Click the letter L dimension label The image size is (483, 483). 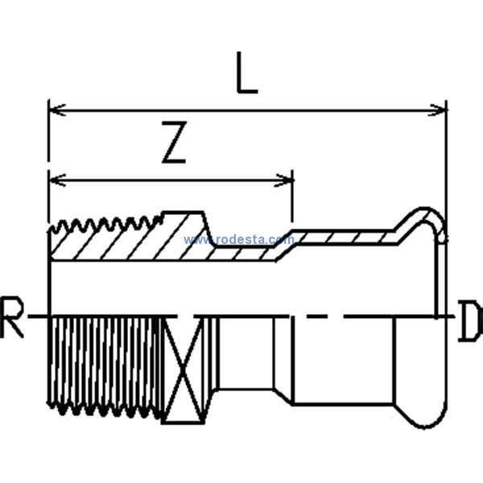click(246, 72)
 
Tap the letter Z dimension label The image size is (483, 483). click(175, 142)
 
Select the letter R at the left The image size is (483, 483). click(12, 317)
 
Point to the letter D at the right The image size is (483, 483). click(471, 320)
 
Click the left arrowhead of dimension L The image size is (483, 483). click(57, 109)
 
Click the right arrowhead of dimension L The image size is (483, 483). click(437, 110)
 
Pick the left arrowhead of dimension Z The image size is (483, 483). click(57, 180)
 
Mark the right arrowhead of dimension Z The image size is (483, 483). click(283, 180)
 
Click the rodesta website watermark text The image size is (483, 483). click(239, 239)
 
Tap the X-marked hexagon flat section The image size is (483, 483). click(183, 370)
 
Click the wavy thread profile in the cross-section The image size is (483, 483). click(105, 225)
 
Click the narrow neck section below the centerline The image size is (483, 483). click(246, 353)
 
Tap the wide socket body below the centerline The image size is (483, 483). click(343, 361)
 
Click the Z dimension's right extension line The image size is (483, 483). click(292, 196)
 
